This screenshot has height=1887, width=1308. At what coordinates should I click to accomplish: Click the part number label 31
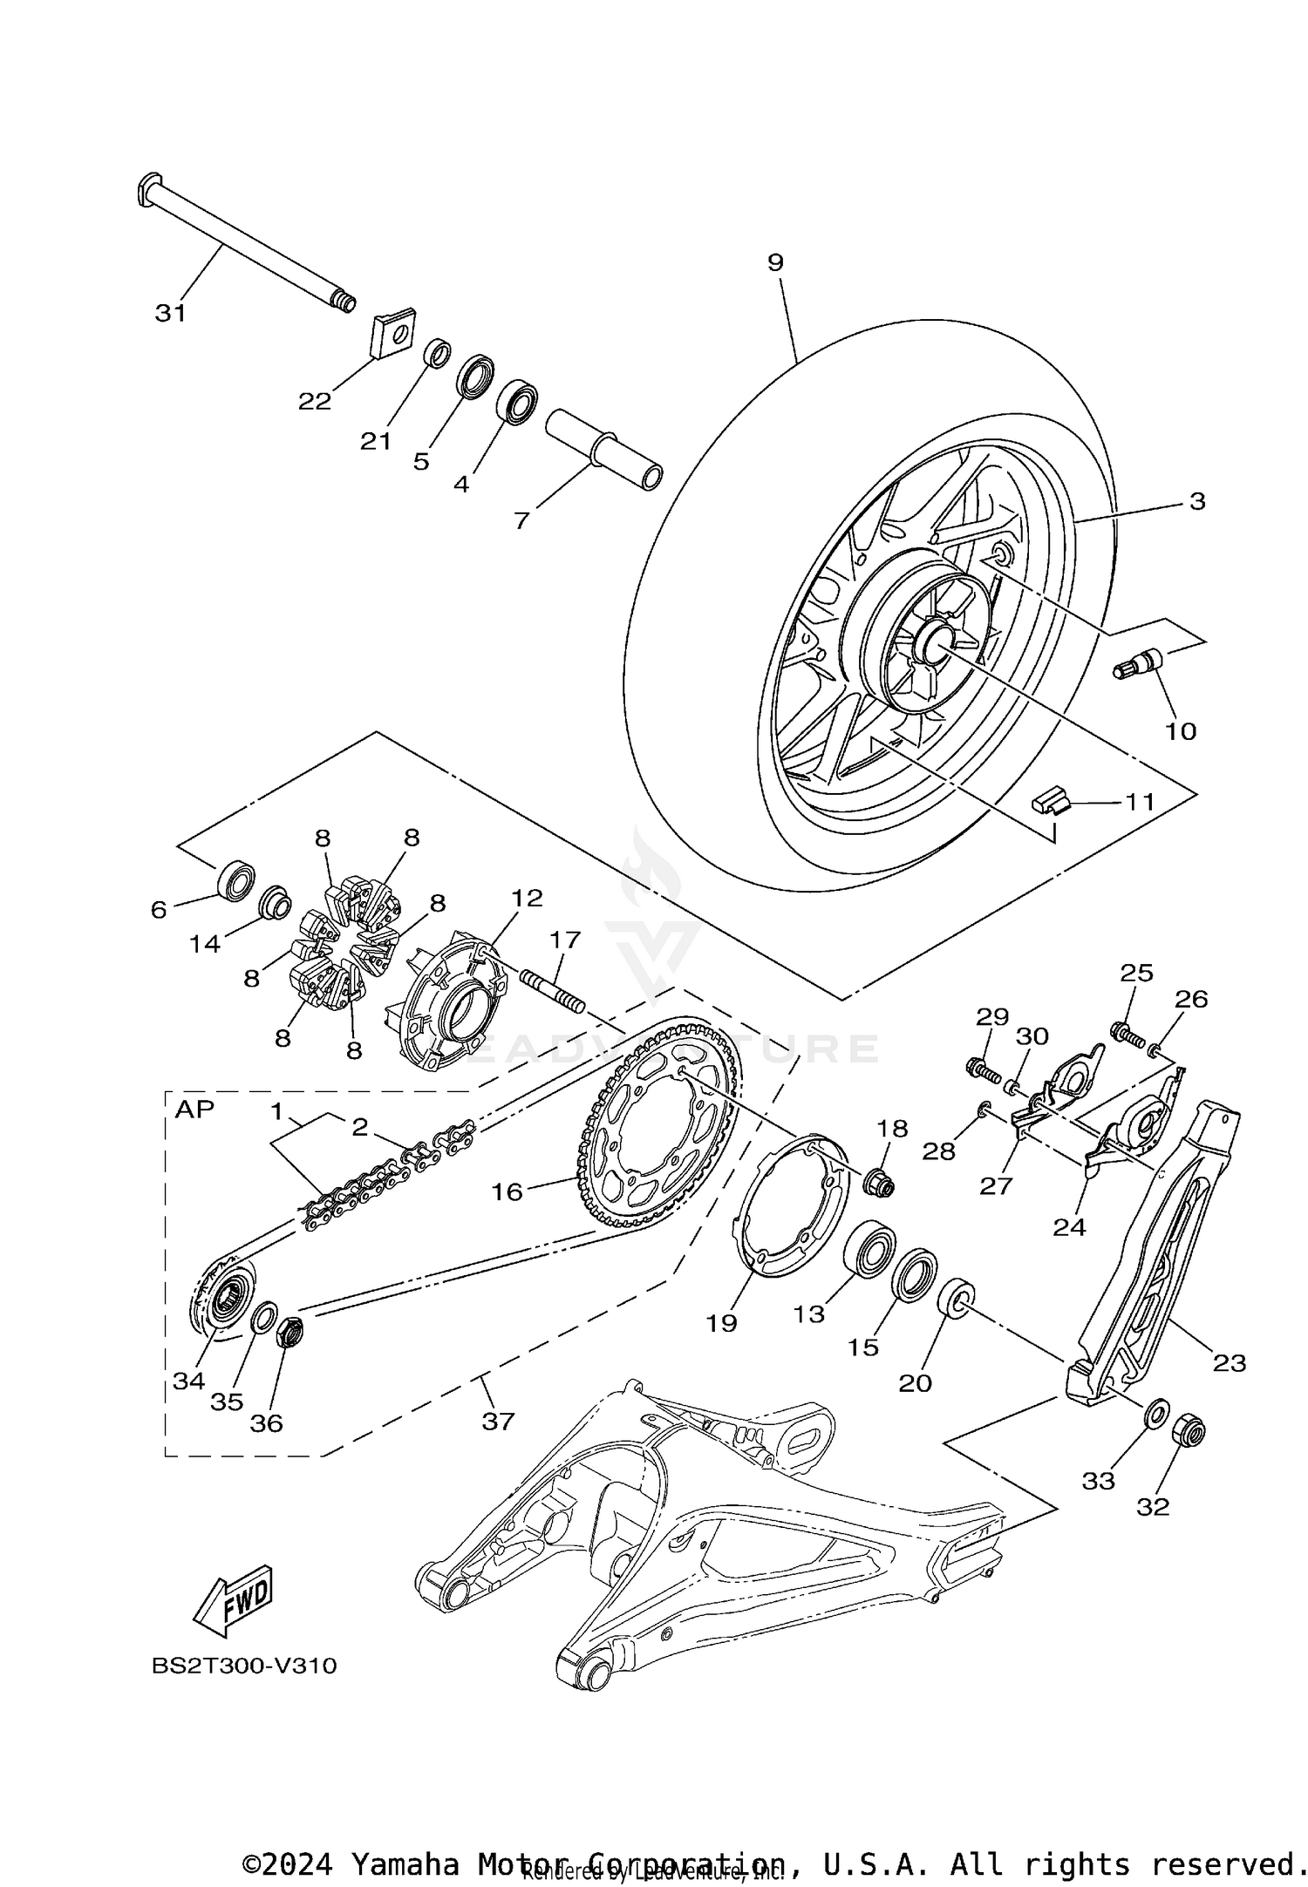click(x=171, y=313)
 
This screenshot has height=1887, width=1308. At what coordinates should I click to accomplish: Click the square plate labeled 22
click(x=392, y=332)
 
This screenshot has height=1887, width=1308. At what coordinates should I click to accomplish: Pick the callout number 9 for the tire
click(x=775, y=262)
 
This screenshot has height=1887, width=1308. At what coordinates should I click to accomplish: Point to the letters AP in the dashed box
click(x=194, y=1110)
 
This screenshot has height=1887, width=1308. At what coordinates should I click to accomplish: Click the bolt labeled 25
click(x=1126, y=1035)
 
